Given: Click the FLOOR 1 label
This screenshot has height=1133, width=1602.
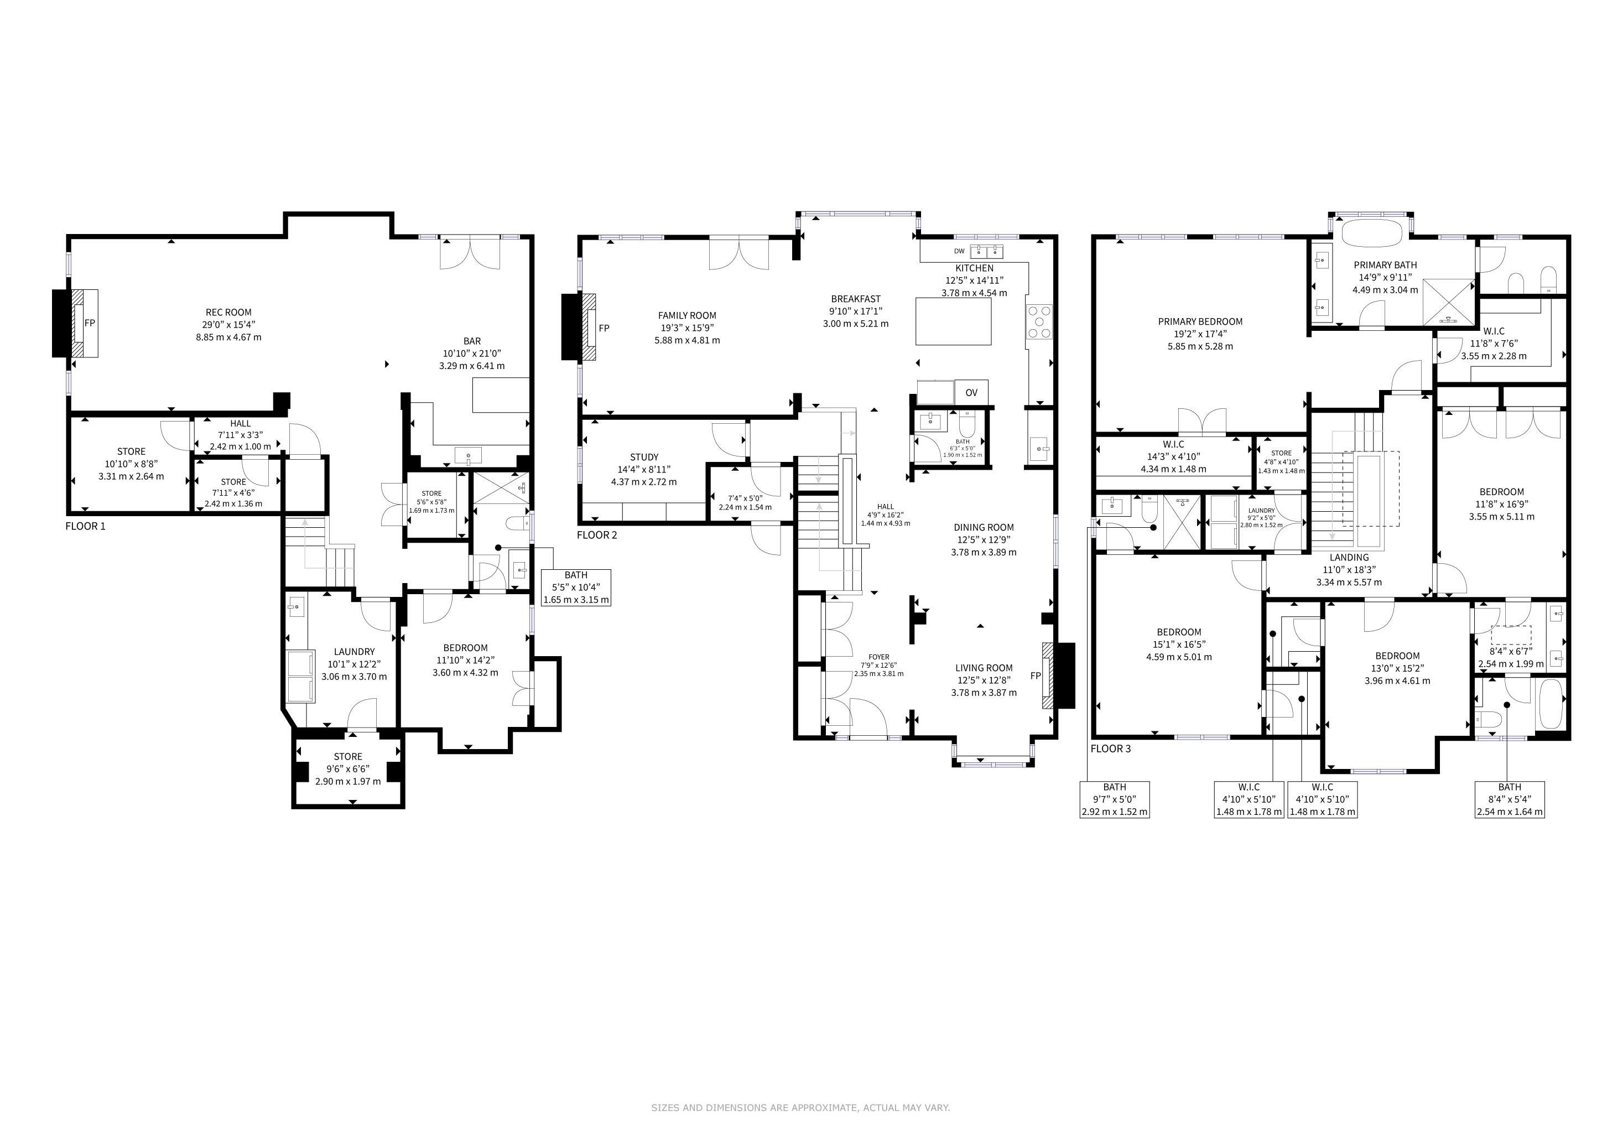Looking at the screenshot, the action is (85, 526).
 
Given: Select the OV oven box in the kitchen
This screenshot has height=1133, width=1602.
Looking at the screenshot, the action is (971, 392).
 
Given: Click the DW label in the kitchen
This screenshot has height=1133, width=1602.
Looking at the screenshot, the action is (959, 251).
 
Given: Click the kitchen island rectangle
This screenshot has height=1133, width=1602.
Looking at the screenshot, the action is (953, 321).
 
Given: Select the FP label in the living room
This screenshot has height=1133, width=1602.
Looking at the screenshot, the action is (1036, 676).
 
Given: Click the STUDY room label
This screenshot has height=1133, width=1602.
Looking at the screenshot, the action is (644, 458).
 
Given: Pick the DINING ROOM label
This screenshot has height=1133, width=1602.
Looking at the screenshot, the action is (984, 527).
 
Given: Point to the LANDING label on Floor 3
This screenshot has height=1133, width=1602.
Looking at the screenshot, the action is (1349, 558).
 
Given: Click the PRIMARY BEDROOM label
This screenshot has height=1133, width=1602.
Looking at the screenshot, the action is (1200, 321).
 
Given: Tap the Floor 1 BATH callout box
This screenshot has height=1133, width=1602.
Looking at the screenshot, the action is (576, 588).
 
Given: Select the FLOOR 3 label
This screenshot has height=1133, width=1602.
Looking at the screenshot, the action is (1111, 749).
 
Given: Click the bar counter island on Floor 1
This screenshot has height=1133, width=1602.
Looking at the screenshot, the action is (501, 396).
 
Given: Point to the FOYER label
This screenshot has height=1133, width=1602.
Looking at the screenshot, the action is (879, 657).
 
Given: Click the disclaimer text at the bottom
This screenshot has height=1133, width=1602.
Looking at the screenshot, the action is (800, 1107).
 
